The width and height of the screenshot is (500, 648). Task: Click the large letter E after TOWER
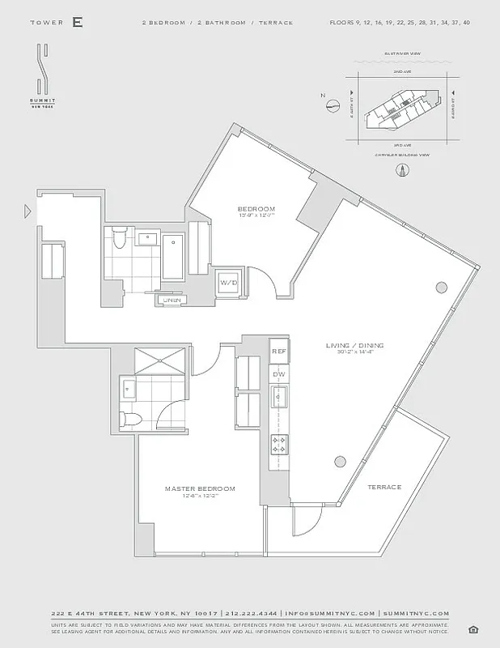[x=77, y=23]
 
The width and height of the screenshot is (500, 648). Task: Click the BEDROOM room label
[x=256, y=209]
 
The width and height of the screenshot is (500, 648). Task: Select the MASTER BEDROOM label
[x=200, y=488]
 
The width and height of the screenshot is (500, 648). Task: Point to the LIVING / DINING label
[x=354, y=346]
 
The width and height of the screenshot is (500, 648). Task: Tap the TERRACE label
[x=383, y=487]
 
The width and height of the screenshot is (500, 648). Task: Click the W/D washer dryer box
[x=228, y=283]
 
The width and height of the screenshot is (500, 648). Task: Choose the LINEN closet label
[x=172, y=301]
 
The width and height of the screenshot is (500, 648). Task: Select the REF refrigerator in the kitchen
[x=278, y=351]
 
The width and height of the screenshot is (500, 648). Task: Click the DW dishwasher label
[x=278, y=374]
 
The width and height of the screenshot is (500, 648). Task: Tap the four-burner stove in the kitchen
[x=279, y=444]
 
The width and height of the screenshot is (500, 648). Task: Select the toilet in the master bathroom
[x=129, y=419]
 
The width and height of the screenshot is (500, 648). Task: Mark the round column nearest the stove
[x=341, y=462]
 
